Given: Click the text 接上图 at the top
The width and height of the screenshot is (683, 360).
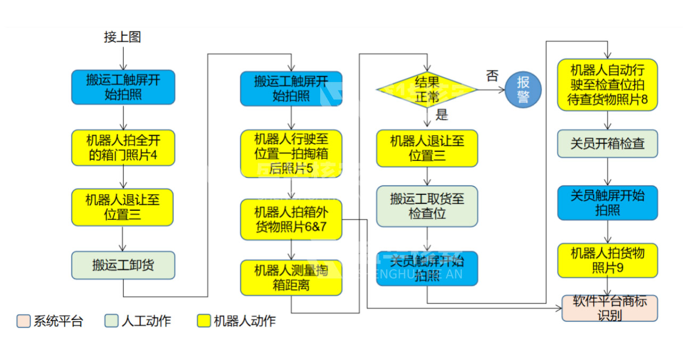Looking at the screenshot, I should coord(123,37).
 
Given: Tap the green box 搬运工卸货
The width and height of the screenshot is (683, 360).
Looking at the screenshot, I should coord(123,265).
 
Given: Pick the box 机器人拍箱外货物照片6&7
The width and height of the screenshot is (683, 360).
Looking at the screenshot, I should coord(291,219).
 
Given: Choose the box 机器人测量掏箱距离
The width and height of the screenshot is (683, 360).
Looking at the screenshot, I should coord(291,277).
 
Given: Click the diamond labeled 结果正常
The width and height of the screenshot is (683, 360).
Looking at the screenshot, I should coord(427,89).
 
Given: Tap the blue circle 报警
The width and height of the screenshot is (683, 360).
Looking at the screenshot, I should coord(523,89).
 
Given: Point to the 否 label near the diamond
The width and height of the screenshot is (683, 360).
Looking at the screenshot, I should coord(492,76).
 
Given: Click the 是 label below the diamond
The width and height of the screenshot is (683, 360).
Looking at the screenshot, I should coord(442,114).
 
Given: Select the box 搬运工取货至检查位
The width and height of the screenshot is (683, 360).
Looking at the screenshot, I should coord(427,206).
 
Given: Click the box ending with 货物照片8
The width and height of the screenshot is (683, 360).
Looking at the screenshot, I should coord(607,85).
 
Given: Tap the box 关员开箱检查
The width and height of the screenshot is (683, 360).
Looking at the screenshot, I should coord(607,144).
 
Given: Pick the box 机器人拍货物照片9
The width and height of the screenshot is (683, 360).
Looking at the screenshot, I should coord(607,260).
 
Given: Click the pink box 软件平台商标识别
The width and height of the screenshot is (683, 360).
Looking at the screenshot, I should coord(609,308).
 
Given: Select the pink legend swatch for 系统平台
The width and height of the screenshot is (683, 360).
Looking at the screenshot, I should coord(23,321).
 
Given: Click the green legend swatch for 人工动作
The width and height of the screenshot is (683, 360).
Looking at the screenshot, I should coord(111,321).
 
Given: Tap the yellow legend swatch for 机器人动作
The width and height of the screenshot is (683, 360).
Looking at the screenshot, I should coord(204,321).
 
